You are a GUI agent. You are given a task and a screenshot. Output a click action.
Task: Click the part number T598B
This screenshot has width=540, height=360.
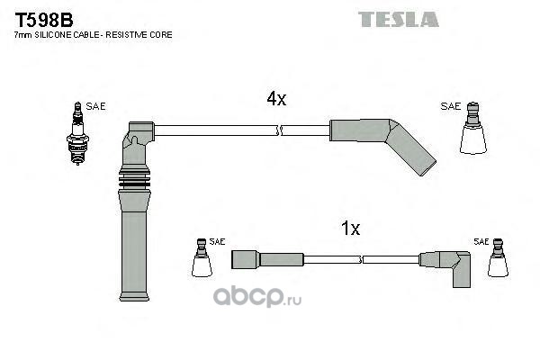(44, 20)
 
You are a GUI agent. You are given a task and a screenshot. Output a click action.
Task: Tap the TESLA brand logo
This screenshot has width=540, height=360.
(399, 19)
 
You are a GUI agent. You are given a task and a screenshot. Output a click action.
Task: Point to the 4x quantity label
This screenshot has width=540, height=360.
(276, 99)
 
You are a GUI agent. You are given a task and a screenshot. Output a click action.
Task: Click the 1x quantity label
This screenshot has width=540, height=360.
(350, 228)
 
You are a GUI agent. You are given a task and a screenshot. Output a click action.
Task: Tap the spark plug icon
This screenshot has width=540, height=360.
(77, 133)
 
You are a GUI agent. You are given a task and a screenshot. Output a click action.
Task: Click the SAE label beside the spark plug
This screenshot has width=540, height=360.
(95, 106)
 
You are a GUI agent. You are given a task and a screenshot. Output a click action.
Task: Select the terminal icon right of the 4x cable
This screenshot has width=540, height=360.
(473, 128)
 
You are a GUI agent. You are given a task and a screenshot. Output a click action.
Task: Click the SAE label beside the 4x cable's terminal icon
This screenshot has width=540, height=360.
(451, 106)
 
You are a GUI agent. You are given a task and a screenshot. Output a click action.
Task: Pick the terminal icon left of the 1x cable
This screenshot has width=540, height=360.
(202, 257)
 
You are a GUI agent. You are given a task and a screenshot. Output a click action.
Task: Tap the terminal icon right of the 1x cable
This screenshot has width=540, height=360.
(498, 257)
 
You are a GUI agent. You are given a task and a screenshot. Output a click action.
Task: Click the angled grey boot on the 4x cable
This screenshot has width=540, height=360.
(382, 141)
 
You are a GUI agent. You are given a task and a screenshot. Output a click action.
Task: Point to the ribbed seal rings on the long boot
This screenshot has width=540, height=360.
(134, 179)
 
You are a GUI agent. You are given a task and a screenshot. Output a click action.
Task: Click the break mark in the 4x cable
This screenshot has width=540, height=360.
(279, 130)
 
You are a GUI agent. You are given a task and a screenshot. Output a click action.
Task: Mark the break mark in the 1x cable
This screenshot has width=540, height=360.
(361, 260)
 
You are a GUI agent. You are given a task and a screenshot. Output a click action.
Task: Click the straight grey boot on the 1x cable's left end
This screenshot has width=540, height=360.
(267, 259)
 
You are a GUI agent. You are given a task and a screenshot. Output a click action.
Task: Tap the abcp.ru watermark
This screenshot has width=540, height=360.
(256, 297)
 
